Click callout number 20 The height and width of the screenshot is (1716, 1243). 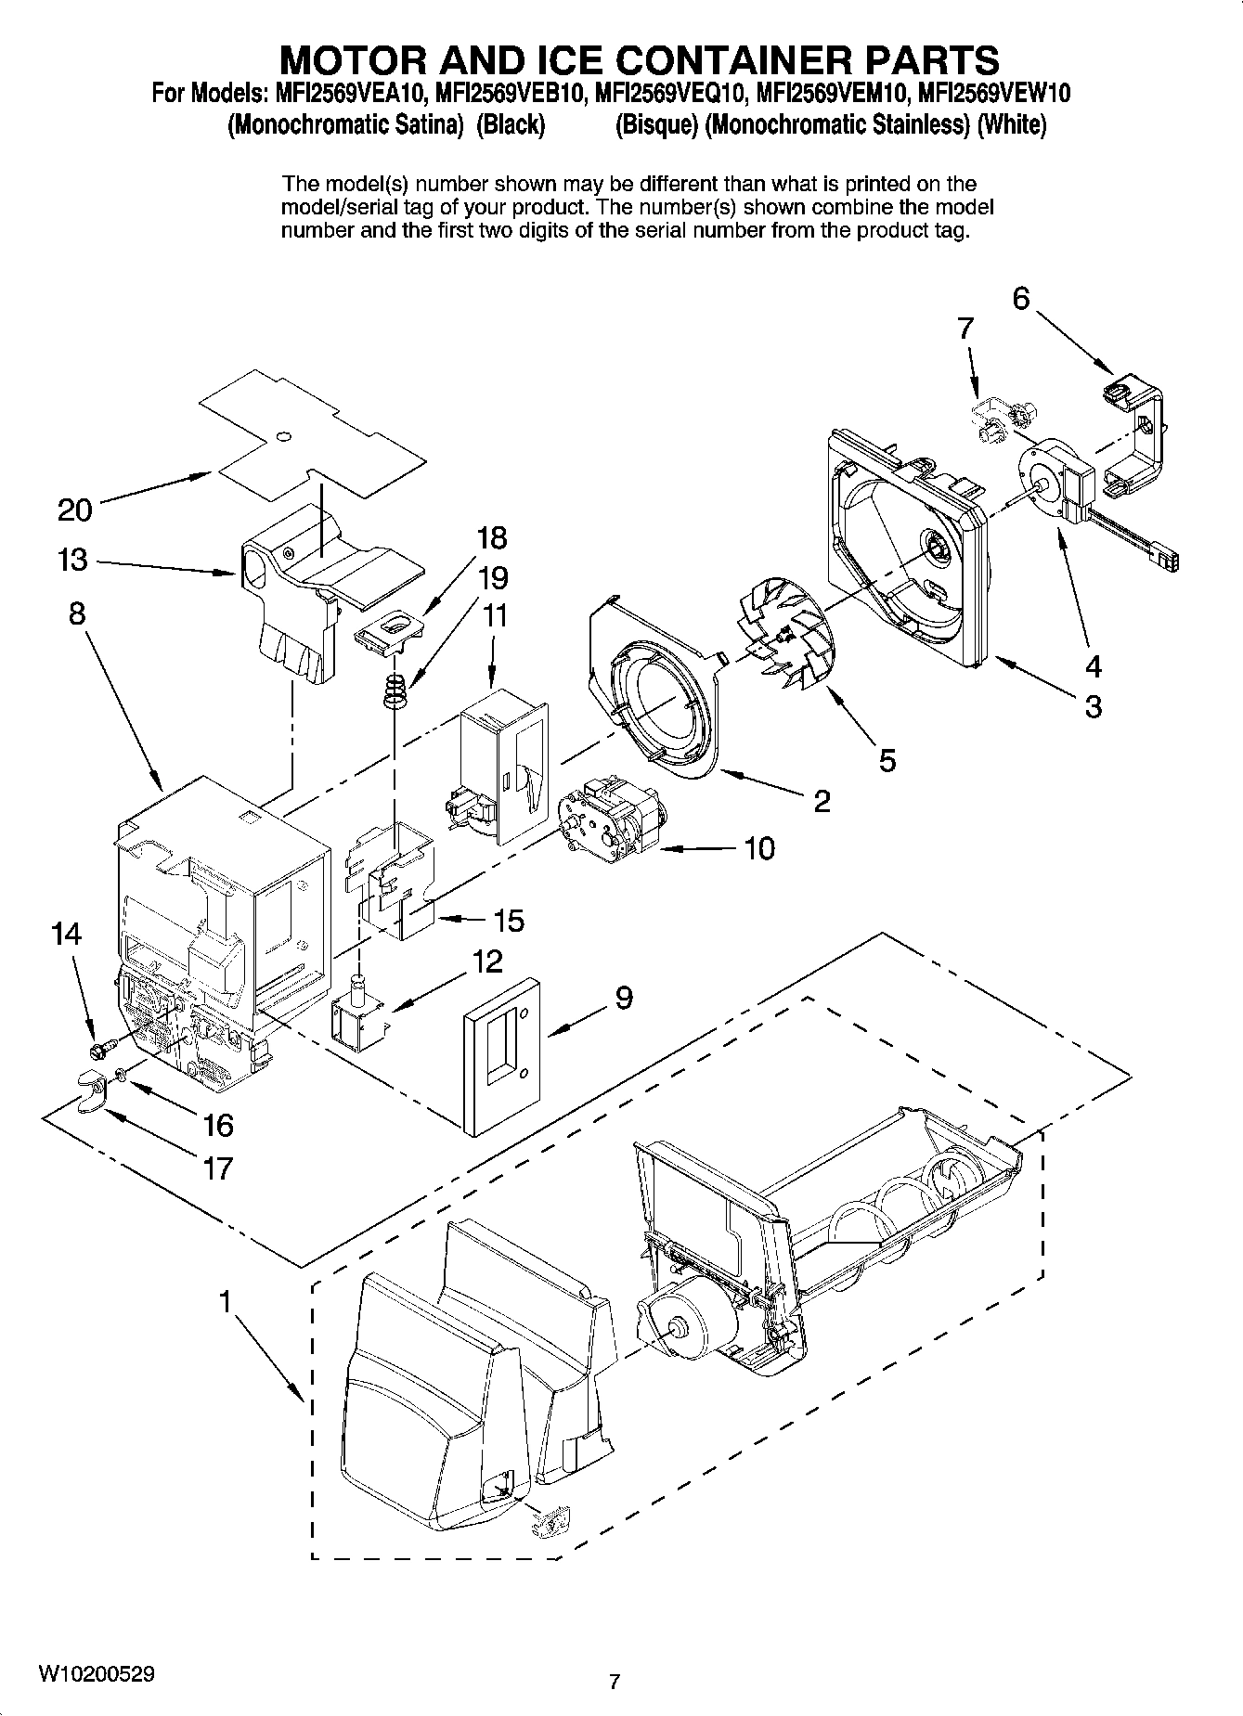75,510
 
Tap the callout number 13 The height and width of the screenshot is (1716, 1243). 71,560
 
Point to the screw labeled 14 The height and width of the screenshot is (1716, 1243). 101,1048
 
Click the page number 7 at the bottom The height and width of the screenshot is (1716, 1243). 614,1681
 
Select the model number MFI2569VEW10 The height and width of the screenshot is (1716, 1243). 993,93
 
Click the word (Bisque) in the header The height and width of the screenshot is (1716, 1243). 657,124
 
